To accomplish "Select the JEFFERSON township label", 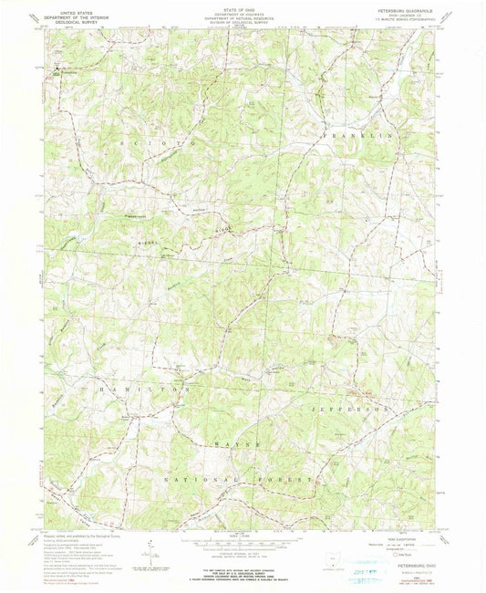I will (x=357, y=410).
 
